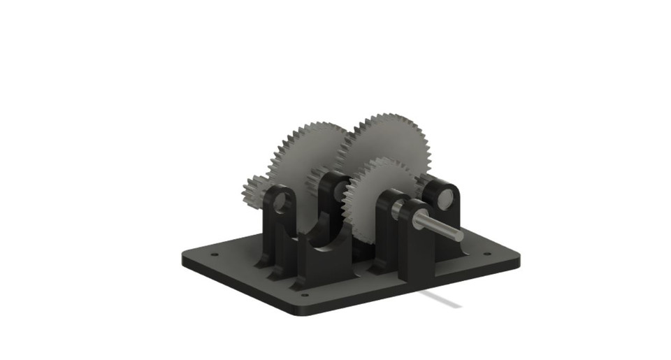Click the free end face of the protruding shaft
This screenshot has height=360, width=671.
[457, 234]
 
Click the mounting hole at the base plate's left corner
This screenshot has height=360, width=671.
[214, 254]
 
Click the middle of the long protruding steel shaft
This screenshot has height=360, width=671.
[437, 225]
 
